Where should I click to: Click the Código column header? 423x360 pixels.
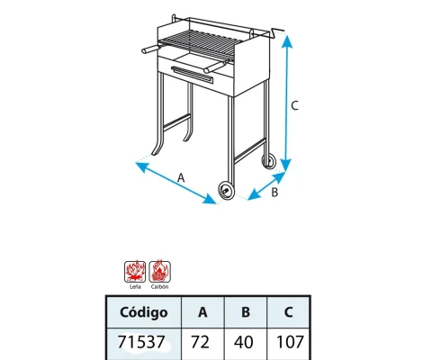(x=144, y=312)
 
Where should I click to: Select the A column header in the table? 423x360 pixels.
(x=202, y=312)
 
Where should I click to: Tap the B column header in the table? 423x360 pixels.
(x=246, y=312)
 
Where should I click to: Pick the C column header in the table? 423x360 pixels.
(x=288, y=312)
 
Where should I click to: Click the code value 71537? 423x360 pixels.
(x=141, y=342)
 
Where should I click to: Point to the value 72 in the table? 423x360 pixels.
(x=200, y=342)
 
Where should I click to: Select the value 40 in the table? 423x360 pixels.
(x=243, y=342)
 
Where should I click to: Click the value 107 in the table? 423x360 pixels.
(x=290, y=342)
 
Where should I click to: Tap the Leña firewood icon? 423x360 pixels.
(x=135, y=272)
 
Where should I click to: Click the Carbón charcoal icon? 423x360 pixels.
(x=160, y=272)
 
